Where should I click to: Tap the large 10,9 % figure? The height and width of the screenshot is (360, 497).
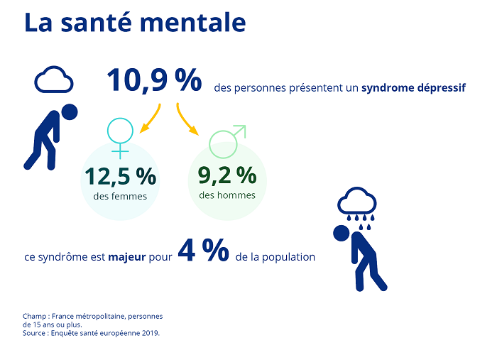point(155,81)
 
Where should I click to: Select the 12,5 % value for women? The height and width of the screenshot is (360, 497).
point(121,175)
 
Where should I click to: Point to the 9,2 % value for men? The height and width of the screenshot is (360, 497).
point(227,174)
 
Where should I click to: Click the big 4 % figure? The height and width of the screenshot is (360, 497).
point(203,251)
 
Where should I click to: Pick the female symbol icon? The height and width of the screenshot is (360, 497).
point(120,137)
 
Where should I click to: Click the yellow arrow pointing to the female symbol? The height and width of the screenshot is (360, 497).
point(151,119)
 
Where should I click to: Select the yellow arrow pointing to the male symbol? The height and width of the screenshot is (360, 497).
point(187,121)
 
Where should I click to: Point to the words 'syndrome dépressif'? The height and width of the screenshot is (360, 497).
point(413,89)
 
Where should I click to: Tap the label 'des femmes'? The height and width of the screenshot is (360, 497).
point(120,196)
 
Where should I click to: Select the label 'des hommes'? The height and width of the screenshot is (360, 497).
point(226,195)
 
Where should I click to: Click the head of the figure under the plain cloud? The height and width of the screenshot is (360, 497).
point(69,111)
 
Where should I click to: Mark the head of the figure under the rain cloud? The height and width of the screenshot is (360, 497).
point(342,234)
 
